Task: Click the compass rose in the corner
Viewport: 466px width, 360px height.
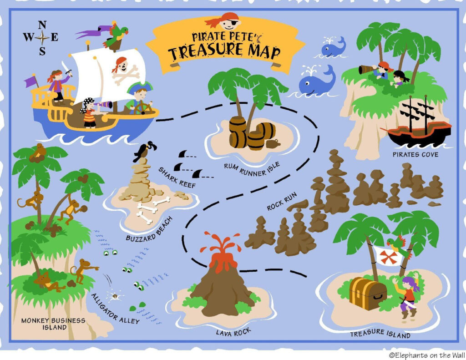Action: (x=42, y=38)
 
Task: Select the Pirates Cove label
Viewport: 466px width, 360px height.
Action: (x=415, y=155)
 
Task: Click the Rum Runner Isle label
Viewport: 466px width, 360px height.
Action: (x=252, y=169)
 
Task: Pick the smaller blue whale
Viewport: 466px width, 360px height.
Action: (x=334, y=47)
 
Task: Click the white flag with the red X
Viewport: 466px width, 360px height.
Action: (x=388, y=256)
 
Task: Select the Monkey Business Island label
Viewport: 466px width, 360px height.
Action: (x=53, y=324)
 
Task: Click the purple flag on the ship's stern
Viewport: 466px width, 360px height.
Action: (x=31, y=81)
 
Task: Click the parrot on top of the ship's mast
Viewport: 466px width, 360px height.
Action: (x=116, y=36)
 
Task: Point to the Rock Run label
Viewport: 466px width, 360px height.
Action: (x=282, y=201)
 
